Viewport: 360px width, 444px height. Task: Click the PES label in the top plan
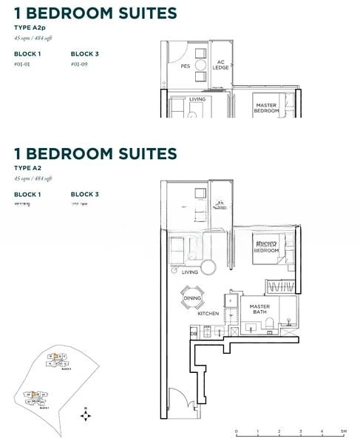click(x=186, y=66)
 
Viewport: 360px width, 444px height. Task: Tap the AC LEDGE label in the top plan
click(x=220, y=66)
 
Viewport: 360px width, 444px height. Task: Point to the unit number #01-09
click(x=80, y=64)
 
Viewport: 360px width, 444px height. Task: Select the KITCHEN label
click(x=208, y=314)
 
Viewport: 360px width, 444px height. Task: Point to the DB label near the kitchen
click(x=194, y=334)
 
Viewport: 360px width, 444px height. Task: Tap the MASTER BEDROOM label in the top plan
click(x=265, y=108)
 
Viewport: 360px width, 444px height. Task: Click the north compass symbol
click(x=86, y=415)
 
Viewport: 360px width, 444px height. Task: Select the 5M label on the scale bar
click(x=343, y=431)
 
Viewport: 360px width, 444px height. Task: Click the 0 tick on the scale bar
click(x=237, y=431)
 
